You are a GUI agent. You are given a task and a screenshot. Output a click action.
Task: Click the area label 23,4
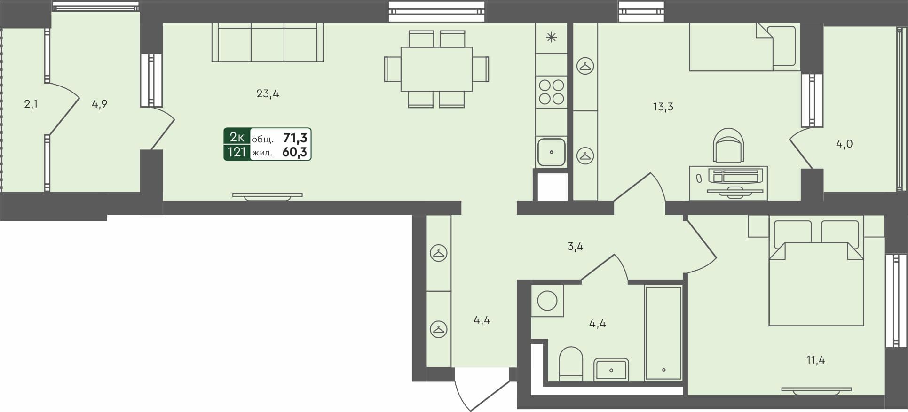pos(268,93)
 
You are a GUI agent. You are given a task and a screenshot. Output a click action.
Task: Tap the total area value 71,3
pos(295,138)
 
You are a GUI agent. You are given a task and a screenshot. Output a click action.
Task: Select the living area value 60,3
pos(294,152)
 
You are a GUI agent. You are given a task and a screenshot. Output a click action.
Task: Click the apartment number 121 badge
pos(237,152)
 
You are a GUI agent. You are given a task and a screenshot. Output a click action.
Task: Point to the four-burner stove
pos(551,92)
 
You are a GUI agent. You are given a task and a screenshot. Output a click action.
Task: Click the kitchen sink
pos(551,152)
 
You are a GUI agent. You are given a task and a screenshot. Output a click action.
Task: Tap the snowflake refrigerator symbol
pos(551,38)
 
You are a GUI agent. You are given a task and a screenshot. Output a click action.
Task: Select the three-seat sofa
pos(267,43)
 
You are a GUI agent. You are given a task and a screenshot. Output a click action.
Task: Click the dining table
pos(436,69)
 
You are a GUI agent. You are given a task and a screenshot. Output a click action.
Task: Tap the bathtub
pos(663,333)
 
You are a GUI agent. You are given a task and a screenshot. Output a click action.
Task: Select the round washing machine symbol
pos(547,300)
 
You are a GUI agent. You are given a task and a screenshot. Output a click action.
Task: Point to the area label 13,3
pos(663,107)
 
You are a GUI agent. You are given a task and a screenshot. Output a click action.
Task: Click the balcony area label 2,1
pos(31,104)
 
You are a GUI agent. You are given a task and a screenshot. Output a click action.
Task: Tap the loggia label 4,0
pos(844,144)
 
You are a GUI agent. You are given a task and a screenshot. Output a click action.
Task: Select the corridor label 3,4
pos(575,246)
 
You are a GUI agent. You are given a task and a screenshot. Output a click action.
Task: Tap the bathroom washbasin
pos(611,369)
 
